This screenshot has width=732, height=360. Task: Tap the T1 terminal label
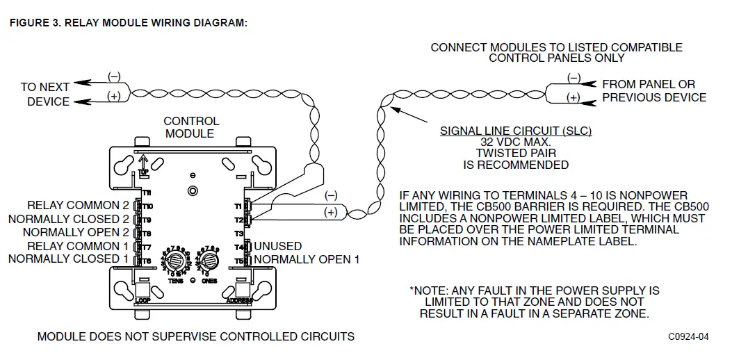click(x=238, y=206)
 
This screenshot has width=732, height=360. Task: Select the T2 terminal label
click(x=238, y=220)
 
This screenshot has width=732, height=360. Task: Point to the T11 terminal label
click(x=147, y=193)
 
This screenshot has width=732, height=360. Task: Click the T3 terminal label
click(x=238, y=234)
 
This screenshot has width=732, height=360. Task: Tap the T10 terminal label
click(x=147, y=206)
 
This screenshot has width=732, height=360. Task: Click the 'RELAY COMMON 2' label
click(x=78, y=206)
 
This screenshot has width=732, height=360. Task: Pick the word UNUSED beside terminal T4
click(x=278, y=246)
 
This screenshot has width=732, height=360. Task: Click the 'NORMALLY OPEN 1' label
click(x=307, y=259)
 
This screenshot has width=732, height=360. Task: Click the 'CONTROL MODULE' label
click(x=191, y=127)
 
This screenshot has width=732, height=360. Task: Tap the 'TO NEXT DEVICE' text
click(x=44, y=95)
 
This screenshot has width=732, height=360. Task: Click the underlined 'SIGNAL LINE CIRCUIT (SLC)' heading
click(x=516, y=131)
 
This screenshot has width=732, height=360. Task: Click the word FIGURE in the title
click(x=31, y=23)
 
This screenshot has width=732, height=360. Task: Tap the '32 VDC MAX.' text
click(x=516, y=142)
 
